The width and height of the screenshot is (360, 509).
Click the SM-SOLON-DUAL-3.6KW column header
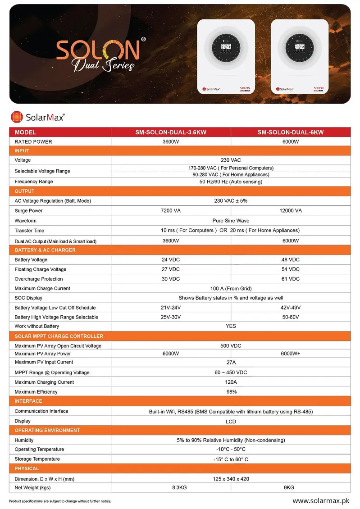pos(171,132)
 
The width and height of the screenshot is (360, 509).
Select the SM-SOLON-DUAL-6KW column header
pos(291,132)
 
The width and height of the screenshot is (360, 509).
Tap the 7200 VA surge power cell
pos(171,211)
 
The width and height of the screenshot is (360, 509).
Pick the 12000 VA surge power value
pos(291,211)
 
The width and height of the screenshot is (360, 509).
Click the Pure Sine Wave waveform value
pos(230,221)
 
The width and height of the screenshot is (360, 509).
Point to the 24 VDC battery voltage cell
pos(171,260)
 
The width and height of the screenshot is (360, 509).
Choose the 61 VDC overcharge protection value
pos(291,279)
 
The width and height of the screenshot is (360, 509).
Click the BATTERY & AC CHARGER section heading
pos(45,250)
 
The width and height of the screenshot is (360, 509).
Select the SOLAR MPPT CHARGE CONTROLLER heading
pos(59,336)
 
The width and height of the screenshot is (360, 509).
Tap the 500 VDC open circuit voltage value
pos(230,346)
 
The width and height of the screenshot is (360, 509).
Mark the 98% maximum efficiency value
pos(231,392)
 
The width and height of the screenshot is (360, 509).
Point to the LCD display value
pos(231,422)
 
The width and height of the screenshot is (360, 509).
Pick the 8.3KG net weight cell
pos(171,487)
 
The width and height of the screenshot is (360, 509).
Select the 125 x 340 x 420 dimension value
pos(230,478)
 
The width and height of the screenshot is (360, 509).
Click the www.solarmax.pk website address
pos(321,500)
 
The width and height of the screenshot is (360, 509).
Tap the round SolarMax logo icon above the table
pos(17,117)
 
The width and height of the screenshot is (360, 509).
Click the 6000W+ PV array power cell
pos(291,354)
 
